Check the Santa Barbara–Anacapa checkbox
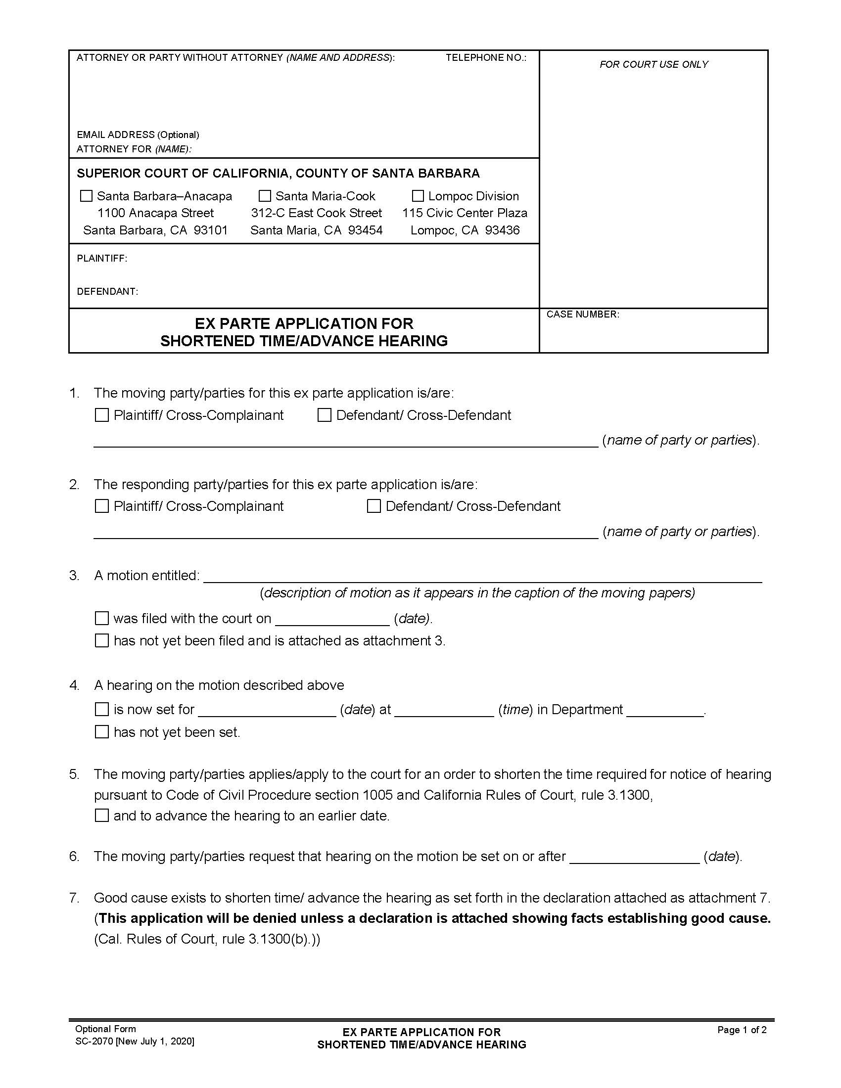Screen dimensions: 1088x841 (86, 196)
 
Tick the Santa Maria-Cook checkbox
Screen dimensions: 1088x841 (265, 196)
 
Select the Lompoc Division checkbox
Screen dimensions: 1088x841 (418, 196)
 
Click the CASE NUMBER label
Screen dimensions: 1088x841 (582, 315)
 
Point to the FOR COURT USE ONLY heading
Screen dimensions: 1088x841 (653, 64)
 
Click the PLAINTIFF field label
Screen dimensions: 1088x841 (101, 258)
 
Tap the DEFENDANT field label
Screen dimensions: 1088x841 (107, 291)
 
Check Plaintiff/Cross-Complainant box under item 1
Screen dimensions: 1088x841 (101, 415)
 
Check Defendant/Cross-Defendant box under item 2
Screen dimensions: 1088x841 (374, 506)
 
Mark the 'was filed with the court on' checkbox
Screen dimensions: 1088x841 (101, 618)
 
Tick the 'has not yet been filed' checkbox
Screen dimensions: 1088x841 (101, 640)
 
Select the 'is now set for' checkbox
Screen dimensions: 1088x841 (101, 709)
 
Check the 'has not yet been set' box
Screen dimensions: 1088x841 (101, 732)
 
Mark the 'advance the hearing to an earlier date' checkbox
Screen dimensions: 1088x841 (101, 816)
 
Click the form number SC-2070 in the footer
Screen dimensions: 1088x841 (94, 1041)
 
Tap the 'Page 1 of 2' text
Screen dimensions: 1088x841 (742, 1030)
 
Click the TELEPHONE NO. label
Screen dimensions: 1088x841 (485, 58)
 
